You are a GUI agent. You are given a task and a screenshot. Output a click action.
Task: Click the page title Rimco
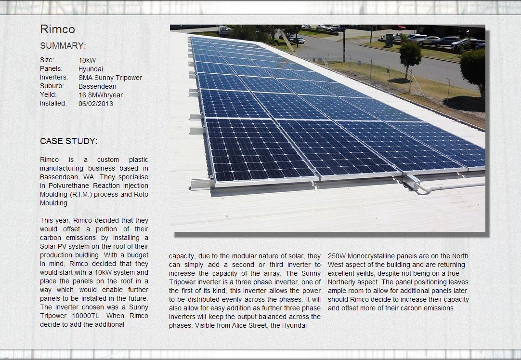coord(57,29)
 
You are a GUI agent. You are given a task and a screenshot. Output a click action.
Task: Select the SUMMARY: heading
coord(63,46)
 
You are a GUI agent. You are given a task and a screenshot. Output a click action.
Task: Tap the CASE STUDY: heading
coord(68,141)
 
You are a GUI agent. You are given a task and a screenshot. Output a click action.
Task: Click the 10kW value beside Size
coord(87,60)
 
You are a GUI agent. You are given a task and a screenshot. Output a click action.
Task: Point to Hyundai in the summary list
coord(91,69)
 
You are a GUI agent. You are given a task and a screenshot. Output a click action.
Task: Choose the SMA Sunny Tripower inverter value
coord(110,78)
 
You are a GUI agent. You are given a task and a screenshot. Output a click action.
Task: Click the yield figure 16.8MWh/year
coord(101,95)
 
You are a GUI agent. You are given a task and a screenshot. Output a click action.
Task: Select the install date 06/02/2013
coord(96,104)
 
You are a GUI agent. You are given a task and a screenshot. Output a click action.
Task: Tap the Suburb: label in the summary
coord(52,86)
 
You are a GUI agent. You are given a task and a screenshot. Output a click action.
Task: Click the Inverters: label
coord(54,78)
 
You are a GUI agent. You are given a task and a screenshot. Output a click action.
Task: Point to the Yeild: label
coord(48,95)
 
